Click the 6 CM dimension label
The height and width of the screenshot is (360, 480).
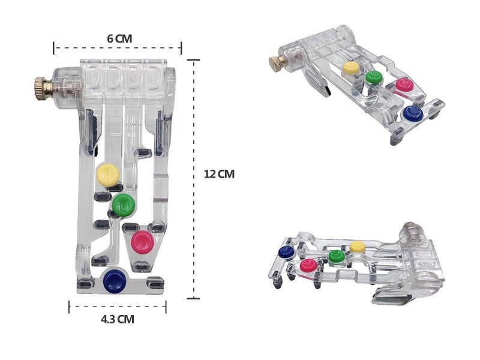click(119, 39)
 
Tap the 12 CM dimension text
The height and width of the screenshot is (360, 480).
click(219, 174)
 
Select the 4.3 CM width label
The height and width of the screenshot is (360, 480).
click(118, 319)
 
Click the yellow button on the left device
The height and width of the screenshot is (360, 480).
click(108, 175)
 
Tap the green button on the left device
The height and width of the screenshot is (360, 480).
click(123, 204)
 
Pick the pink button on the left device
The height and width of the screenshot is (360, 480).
click(142, 242)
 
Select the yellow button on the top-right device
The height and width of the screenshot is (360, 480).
click(350, 68)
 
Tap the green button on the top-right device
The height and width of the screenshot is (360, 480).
click(374, 77)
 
